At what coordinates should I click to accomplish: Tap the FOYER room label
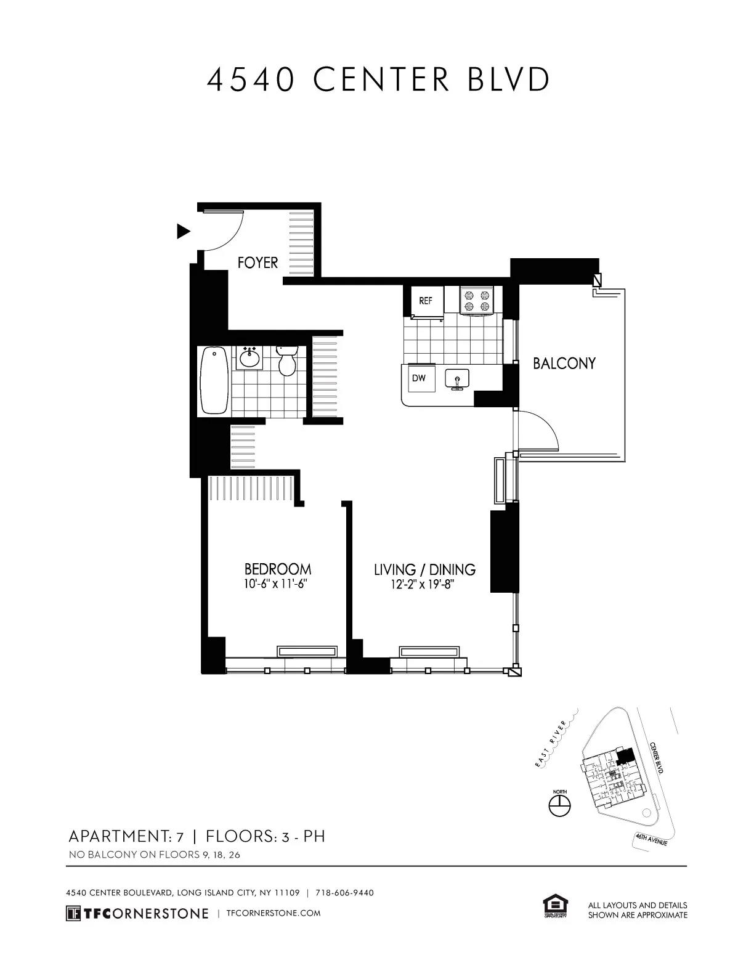click(257, 263)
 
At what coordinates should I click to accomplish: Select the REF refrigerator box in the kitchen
click(426, 301)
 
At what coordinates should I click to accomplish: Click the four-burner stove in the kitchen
click(478, 301)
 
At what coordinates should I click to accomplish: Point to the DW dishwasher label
click(419, 378)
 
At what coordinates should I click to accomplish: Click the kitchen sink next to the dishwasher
click(456, 380)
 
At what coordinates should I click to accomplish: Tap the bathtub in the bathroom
click(214, 380)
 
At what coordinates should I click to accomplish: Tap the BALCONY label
click(564, 364)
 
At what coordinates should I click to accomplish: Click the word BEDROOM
click(277, 569)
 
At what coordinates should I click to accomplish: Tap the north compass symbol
click(560, 804)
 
